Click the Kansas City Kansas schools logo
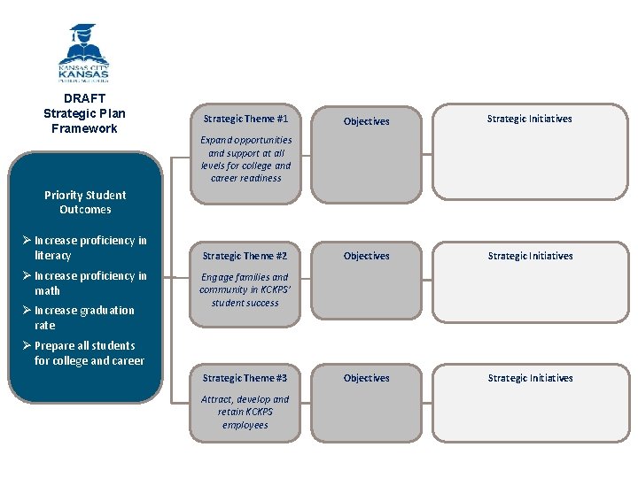[83, 52]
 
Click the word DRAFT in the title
[84, 98]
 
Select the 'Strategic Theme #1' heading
[245, 119]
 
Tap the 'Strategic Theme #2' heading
[245, 256]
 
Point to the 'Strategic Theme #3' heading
[245, 378]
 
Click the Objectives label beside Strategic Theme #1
[366, 121]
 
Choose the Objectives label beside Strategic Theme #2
[366, 256]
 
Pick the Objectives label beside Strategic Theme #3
[366, 378]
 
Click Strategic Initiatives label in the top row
[529, 119]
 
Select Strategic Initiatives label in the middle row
[530, 256]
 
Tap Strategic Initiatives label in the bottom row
[530, 378]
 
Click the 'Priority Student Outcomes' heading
[85, 202]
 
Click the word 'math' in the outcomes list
[48, 290]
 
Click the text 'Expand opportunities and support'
[245, 146]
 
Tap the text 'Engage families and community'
[245, 283]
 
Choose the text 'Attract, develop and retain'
[245, 405]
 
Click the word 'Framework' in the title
[84, 128]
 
